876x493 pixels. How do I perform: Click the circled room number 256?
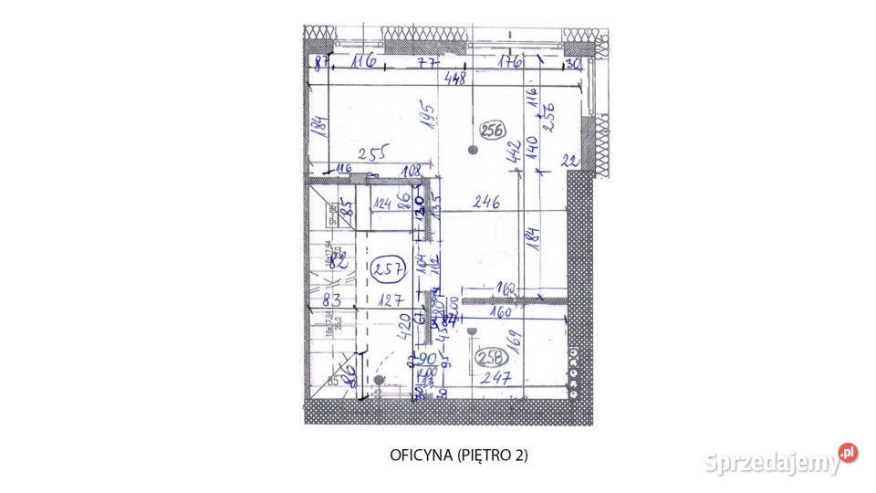(x=493, y=131)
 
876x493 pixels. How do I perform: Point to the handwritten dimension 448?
(x=454, y=79)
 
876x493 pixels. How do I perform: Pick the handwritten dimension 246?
(x=485, y=204)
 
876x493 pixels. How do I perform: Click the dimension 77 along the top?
(x=429, y=63)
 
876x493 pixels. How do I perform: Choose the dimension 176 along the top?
(x=508, y=63)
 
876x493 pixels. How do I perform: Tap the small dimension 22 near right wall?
(x=569, y=161)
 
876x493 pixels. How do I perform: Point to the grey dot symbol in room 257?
(x=379, y=380)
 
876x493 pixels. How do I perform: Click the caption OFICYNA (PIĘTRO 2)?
(x=459, y=455)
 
